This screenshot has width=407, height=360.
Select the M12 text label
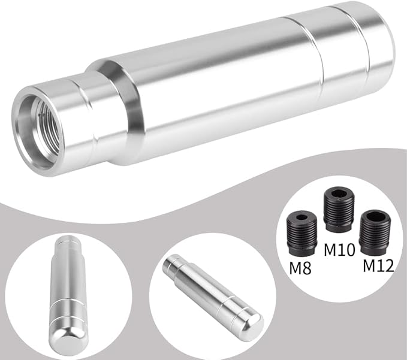(x=377, y=265)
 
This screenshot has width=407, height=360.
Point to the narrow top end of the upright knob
(x=65, y=243)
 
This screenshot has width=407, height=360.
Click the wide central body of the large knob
(x=216, y=84)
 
